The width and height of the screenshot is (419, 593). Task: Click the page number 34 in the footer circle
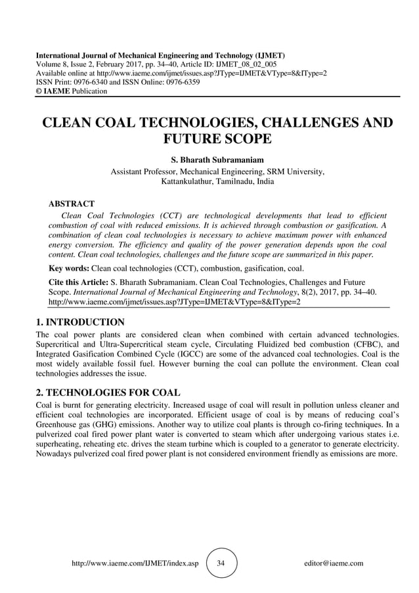(221, 563)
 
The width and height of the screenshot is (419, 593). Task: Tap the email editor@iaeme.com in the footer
(329, 563)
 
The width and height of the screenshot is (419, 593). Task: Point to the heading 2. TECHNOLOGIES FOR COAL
(106, 393)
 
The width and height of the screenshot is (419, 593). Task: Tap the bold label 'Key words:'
(69, 268)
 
